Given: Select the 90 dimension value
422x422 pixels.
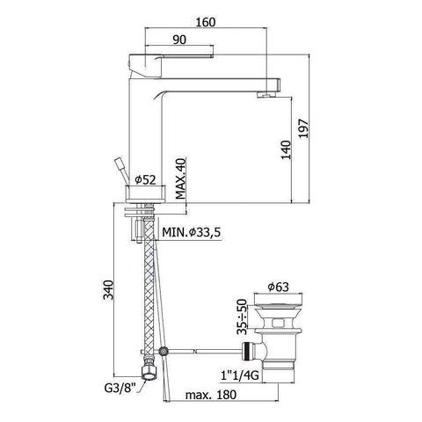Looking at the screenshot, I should click(178, 38).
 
